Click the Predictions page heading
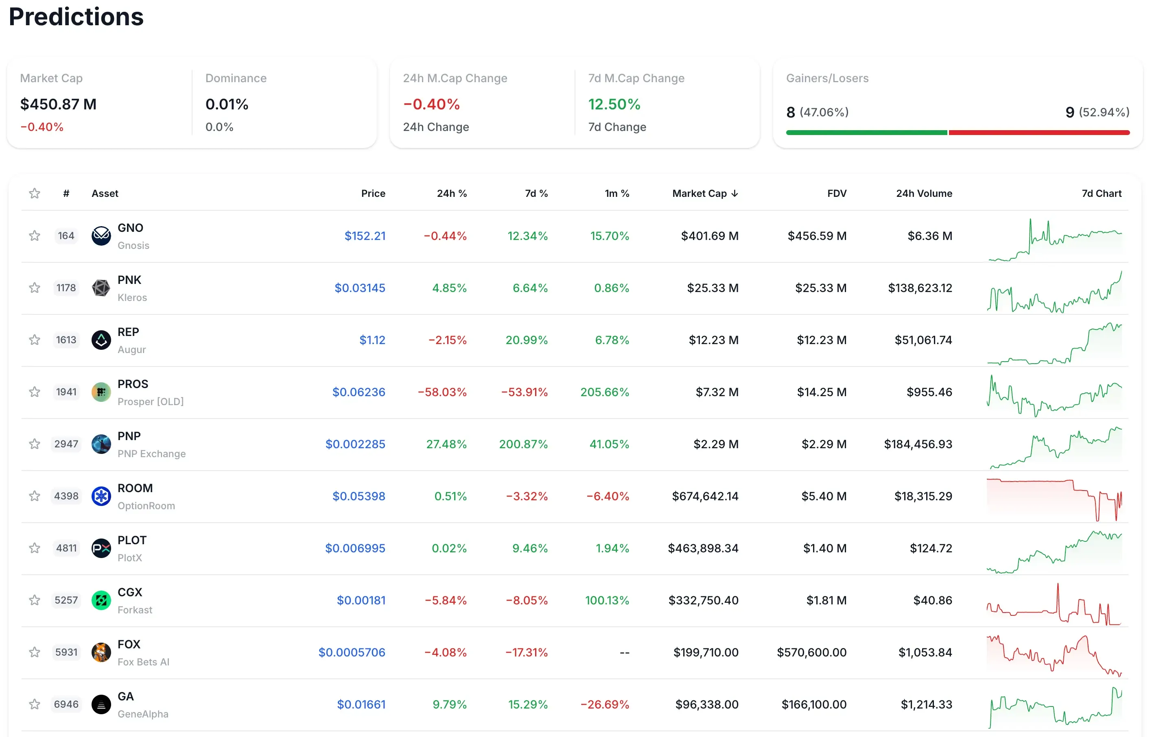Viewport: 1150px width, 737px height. (76, 17)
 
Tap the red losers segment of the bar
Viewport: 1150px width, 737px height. (1038, 133)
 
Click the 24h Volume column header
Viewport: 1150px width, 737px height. (924, 193)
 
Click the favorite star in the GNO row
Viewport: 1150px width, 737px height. (35, 236)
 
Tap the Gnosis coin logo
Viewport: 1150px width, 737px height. (101, 236)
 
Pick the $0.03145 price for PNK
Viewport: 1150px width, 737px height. (360, 288)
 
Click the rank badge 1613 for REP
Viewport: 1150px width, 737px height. (66, 340)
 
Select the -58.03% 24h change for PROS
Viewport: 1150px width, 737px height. (442, 392)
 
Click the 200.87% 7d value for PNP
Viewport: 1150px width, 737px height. (523, 444)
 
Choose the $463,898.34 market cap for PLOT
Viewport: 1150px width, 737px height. (703, 548)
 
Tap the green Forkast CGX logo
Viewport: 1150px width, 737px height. (101, 600)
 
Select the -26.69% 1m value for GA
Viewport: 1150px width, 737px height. (604, 704)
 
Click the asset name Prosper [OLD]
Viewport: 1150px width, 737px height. (150, 401)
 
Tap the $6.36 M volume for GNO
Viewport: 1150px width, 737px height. (929, 236)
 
